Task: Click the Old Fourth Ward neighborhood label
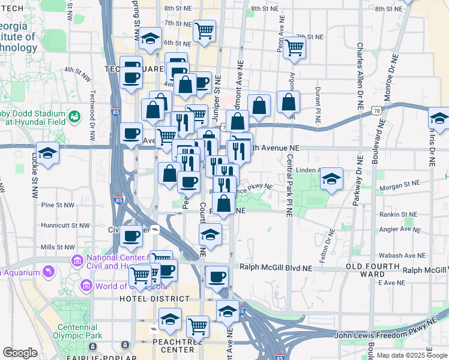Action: (x=372, y=270)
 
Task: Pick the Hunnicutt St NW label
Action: (x=64, y=226)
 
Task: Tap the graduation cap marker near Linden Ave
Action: (x=331, y=179)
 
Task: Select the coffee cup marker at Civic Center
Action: (x=131, y=236)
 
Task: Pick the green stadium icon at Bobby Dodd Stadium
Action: (x=75, y=116)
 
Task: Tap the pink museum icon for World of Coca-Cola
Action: (x=86, y=286)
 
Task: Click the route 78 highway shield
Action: (x=376, y=111)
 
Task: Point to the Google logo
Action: (x=20, y=353)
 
